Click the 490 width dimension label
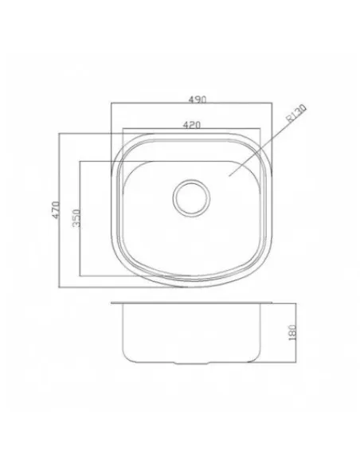point(198,99)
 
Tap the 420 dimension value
point(192,125)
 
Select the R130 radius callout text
point(295,114)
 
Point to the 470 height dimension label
point(56,209)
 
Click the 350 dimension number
point(76,218)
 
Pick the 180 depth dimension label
point(292,333)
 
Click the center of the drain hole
point(191,197)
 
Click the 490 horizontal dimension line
point(192,103)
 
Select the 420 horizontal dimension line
point(192,128)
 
